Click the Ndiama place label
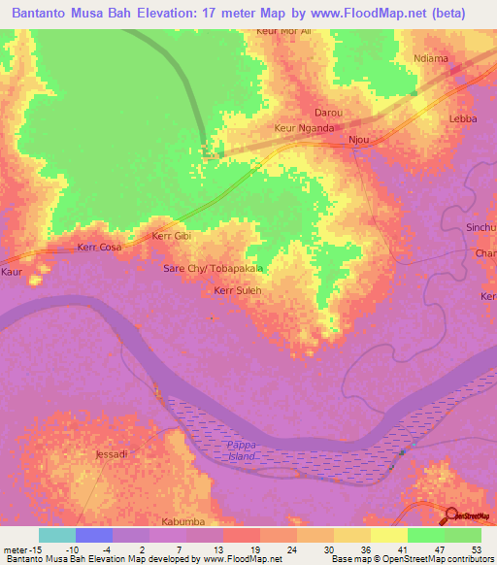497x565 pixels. [431, 58]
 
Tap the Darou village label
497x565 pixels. [327, 113]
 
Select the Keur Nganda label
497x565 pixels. [305, 128]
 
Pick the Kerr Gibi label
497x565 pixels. [174, 236]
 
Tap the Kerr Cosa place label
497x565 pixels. [99, 248]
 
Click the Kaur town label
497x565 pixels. [12, 273]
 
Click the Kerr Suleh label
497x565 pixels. [237, 289]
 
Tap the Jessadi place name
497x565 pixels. [111, 453]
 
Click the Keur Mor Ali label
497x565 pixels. [283, 31]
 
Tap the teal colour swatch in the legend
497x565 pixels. [57, 535]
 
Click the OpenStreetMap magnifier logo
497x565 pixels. [451, 516]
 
